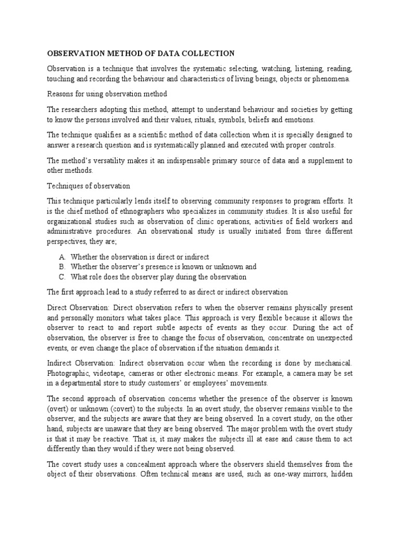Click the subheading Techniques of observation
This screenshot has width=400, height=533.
click(x=89, y=186)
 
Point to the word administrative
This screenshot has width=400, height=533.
click(x=71, y=232)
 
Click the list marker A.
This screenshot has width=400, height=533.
click(x=62, y=257)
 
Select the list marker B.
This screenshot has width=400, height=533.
click(x=62, y=267)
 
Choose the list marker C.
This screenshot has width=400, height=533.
click(x=62, y=277)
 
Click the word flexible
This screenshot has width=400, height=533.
click(x=280, y=318)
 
